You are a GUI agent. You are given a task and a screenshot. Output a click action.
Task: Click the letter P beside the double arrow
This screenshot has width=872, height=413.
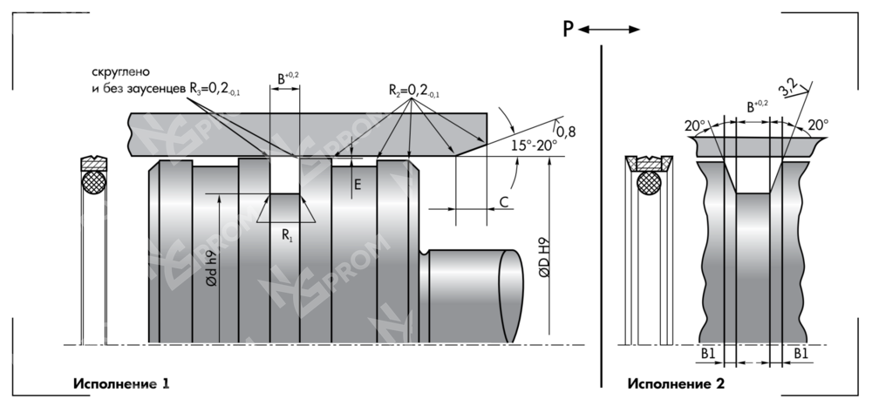568,30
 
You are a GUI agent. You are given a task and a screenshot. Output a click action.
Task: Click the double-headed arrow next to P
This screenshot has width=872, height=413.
608,30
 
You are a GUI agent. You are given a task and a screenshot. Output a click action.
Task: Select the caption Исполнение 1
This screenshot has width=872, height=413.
121,383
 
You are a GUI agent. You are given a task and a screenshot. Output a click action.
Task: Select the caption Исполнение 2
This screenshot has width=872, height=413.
676,383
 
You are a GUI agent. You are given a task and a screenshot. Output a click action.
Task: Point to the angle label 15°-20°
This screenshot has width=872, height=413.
535,146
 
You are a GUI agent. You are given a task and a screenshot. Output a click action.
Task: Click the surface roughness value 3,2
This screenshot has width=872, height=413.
789,87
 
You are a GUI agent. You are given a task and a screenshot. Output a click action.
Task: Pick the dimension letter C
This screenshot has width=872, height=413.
504,202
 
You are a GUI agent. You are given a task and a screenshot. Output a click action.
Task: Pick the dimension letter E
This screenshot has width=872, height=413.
358,184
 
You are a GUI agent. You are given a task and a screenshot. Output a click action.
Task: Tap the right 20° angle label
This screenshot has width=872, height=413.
818,125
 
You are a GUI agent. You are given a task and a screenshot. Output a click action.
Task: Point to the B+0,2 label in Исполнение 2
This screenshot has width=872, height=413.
754,107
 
